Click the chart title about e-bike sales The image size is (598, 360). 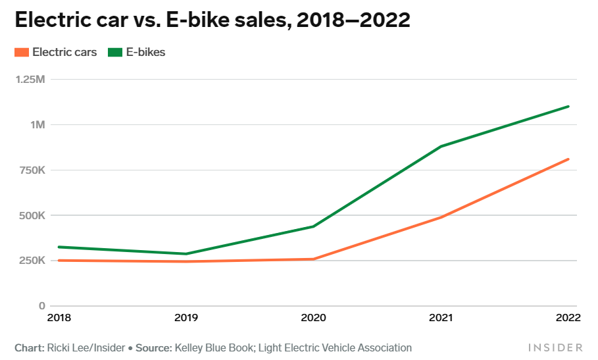point(212,20)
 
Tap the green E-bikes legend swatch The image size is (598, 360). point(115,53)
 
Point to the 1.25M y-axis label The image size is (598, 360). point(30,80)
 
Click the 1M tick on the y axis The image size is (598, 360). point(37,125)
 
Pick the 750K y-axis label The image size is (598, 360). point(32,170)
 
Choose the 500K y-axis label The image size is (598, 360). point(32,216)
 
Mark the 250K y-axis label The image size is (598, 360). point(32,261)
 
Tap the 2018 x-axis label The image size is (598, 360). point(60,319)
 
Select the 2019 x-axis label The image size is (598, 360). point(187,319)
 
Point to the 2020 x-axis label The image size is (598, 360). point(313,319)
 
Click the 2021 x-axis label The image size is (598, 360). point(440,319)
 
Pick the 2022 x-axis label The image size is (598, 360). point(567,319)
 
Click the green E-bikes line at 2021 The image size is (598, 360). point(441,146)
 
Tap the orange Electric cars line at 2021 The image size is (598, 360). point(441,217)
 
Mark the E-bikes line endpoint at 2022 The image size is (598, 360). point(568,106)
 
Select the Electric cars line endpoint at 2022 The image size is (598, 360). point(568,159)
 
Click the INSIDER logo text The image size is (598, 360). point(555,347)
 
